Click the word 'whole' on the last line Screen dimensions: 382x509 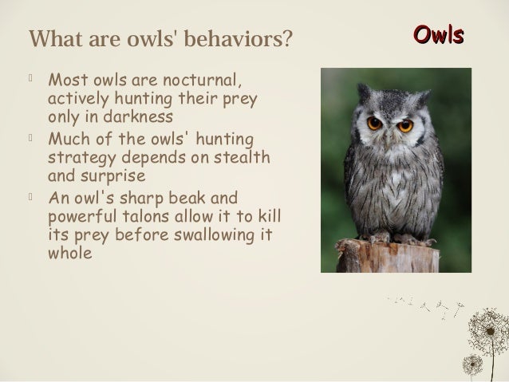[x=71, y=253]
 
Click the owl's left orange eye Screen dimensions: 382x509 [x=373, y=124]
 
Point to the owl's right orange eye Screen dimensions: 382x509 [x=405, y=125]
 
